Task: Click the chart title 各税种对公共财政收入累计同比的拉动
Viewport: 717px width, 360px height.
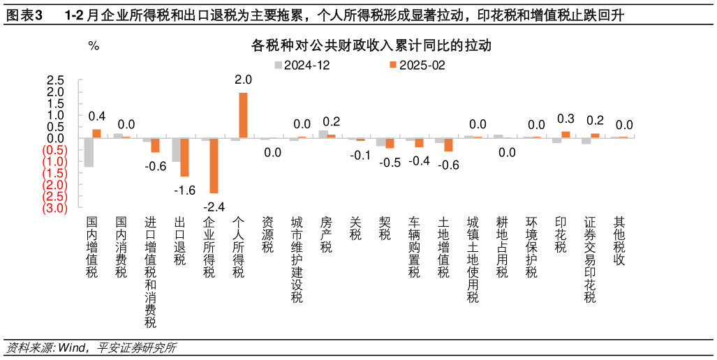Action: pos(371,47)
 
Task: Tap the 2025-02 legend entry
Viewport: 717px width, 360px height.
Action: pos(416,65)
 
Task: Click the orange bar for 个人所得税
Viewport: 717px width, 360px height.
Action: pos(243,115)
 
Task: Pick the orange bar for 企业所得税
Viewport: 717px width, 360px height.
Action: pos(214,165)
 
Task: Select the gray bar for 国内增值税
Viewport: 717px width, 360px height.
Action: pos(89,152)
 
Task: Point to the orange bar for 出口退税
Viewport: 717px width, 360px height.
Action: pos(185,157)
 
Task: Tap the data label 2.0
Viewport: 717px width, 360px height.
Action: pos(243,80)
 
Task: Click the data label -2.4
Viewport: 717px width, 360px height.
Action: pos(214,207)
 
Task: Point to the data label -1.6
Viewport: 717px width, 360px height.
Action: pos(185,190)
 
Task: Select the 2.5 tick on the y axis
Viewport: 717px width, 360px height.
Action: pos(56,80)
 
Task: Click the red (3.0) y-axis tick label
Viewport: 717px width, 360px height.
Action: pos(54,208)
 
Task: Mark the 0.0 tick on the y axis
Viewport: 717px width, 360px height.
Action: pos(56,138)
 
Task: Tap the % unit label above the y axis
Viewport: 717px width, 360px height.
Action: pos(94,47)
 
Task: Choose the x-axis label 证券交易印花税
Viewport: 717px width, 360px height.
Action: pos(590,259)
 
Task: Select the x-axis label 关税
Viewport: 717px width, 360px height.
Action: pos(355,228)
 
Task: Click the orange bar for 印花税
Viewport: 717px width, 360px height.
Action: pos(566,135)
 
